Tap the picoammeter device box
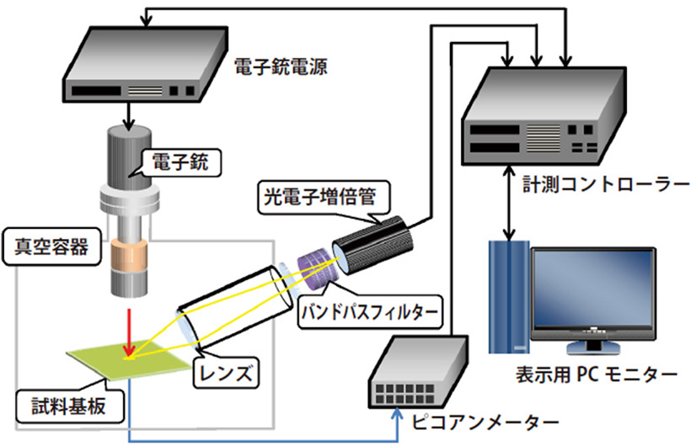click(x=418, y=374)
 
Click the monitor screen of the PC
click(x=591, y=291)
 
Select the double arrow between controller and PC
click(x=508, y=201)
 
